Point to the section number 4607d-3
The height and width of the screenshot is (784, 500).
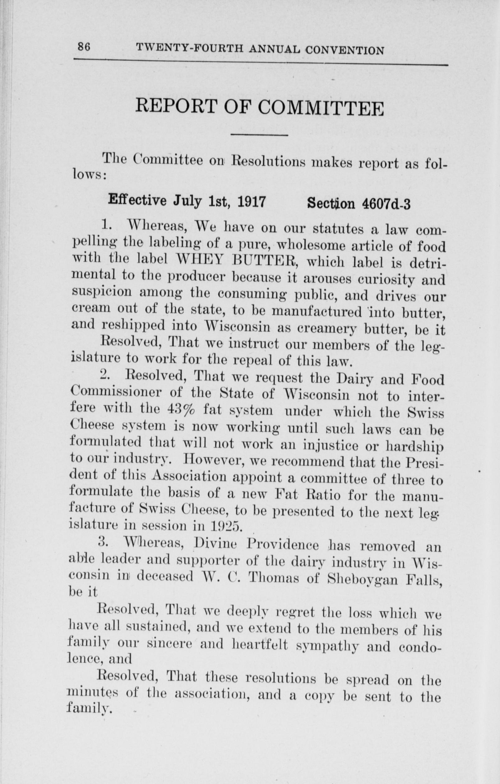point(386,204)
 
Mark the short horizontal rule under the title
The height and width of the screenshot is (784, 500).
point(260,135)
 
